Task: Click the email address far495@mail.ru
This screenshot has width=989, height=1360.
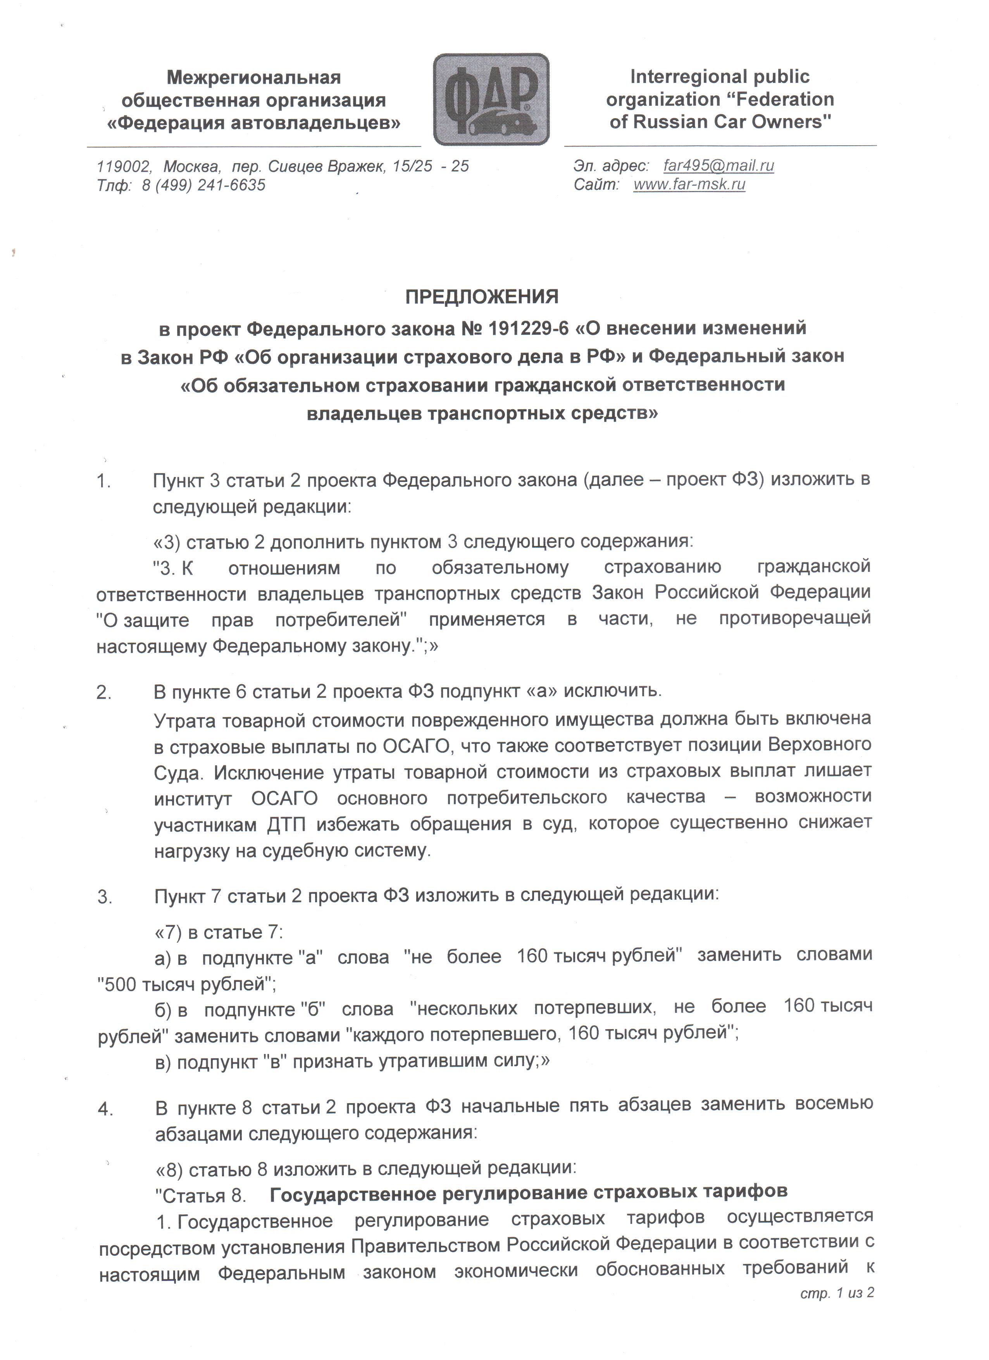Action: coord(718,165)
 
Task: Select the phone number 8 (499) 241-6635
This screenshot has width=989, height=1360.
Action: coord(203,185)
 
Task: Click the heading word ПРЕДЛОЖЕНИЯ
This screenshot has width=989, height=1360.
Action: coord(482,296)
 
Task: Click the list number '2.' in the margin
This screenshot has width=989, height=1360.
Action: coord(104,693)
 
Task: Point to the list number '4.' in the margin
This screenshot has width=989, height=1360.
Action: coord(105,1110)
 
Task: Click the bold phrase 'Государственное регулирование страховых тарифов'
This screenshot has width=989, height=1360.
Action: coord(528,1194)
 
